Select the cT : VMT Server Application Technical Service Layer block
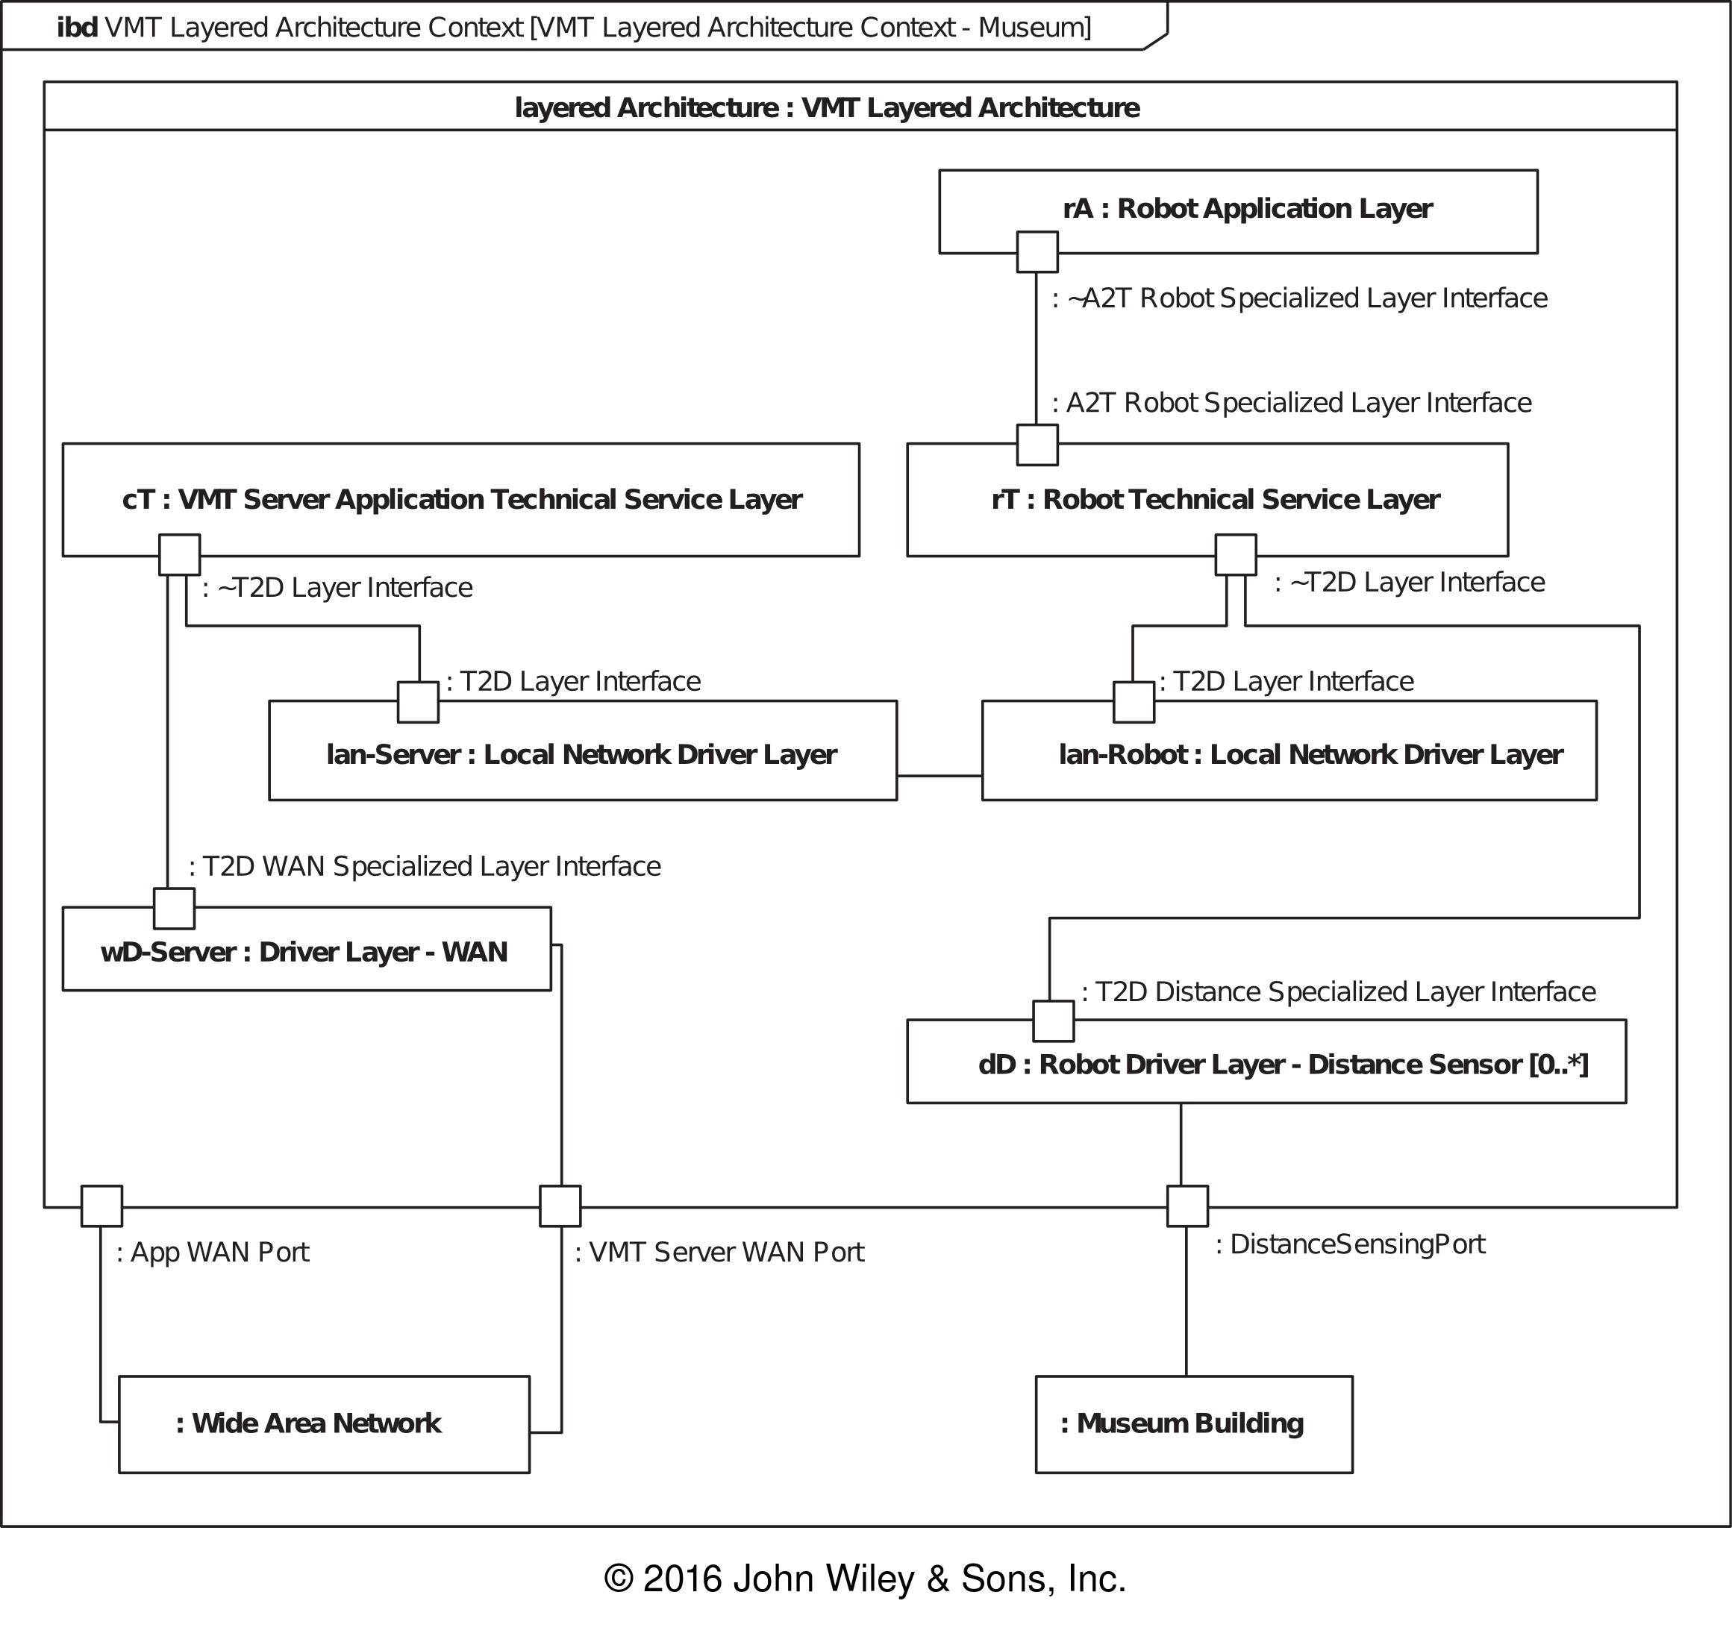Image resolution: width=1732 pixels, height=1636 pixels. (460, 500)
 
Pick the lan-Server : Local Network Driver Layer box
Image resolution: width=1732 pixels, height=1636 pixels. (583, 750)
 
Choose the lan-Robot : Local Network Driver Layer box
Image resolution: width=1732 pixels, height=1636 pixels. (1289, 750)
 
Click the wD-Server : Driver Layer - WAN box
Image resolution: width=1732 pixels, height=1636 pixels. (306, 949)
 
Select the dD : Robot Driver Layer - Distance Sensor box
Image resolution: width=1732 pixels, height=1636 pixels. (1266, 1062)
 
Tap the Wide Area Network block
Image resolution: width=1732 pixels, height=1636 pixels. (324, 1424)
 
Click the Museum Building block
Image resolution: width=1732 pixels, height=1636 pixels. (1194, 1424)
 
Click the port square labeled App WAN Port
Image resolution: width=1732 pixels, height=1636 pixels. (101, 1206)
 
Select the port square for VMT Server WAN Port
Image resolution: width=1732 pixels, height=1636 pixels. (560, 1206)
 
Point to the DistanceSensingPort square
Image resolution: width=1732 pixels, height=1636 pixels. (1188, 1206)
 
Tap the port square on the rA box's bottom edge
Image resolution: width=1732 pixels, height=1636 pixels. (1038, 252)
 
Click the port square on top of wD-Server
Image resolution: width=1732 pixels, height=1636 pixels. (175, 909)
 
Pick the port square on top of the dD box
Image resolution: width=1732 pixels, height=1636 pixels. (1054, 1021)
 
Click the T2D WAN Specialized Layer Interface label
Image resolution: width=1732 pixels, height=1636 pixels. (425, 867)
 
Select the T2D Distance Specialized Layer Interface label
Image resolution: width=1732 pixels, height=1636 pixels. (1339, 992)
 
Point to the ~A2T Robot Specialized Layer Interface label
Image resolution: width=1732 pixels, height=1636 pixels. (1299, 298)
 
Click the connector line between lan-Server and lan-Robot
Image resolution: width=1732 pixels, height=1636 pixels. (940, 775)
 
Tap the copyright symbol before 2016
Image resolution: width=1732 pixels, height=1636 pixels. (619, 1579)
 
